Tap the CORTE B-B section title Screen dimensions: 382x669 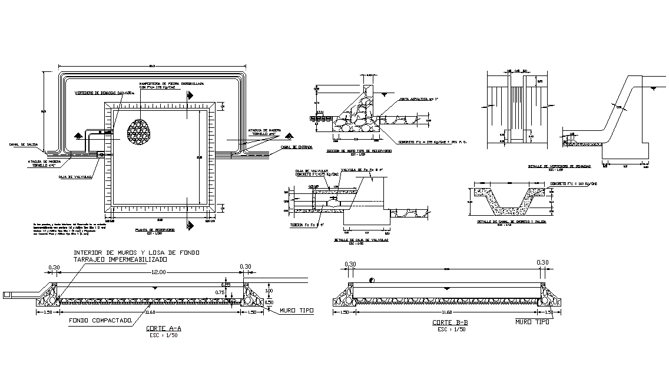click(x=451, y=323)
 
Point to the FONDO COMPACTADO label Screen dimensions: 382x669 click(x=100, y=321)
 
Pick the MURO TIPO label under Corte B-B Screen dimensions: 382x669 click(x=532, y=322)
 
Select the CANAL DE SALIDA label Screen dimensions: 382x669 click(x=23, y=144)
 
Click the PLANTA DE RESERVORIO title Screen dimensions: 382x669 click(x=155, y=229)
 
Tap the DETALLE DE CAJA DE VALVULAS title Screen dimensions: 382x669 click(x=356, y=240)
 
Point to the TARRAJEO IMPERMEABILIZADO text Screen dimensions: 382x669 click(x=120, y=259)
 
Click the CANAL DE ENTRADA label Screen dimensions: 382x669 click(x=296, y=147)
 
